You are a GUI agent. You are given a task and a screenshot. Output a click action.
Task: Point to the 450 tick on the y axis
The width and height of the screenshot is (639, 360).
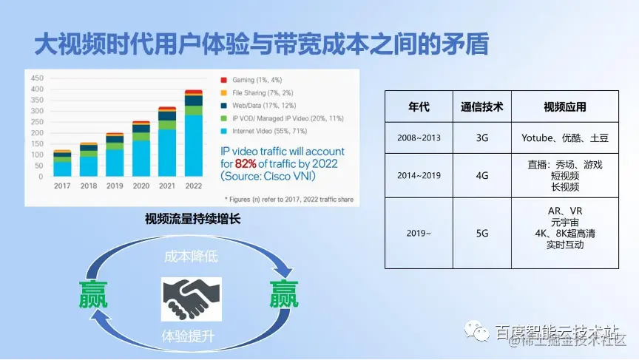click(x=36, y=78)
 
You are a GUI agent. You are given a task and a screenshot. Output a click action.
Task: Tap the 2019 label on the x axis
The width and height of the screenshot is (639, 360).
click(x=115, y=186)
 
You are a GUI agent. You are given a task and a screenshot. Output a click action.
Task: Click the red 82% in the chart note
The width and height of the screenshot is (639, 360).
click(x=248, y=163)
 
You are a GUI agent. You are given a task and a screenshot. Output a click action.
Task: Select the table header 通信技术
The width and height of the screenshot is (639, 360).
click(x=481, y=106)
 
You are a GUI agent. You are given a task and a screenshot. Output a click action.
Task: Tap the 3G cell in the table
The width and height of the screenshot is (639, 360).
click(x=481, y=137)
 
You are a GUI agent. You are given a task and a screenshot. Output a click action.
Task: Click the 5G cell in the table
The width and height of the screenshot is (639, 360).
click(x=481, y=233)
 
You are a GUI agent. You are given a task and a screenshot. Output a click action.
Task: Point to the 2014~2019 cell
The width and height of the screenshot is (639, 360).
click(x=418, y=176)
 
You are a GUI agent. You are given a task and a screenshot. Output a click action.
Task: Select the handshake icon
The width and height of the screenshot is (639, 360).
click(x=191, y=300)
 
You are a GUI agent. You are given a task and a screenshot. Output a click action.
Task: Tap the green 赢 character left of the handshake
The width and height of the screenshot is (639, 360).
click(x=95, y=293)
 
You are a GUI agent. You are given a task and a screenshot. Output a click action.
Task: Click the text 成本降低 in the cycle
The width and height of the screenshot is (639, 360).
click(x=191, y=257)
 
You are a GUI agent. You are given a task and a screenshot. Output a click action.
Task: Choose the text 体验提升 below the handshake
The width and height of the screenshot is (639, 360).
click(x=189, y=336)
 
